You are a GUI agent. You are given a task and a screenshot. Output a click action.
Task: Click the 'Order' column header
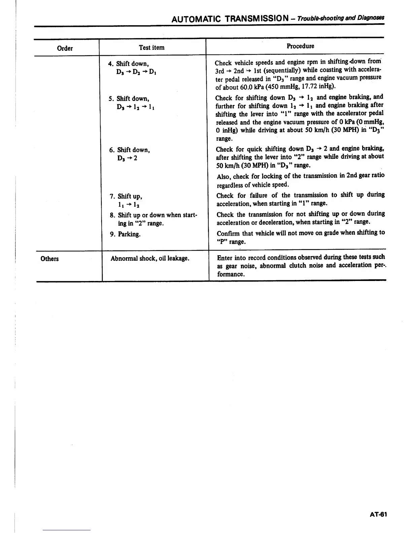(x=65, y=48)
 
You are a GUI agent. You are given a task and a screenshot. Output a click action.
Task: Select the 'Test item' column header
(x=152, y=47)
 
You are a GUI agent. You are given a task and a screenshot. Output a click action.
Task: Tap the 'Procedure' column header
(x=300, y=46)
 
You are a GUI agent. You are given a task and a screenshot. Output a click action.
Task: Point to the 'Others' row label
(x=49, y=259)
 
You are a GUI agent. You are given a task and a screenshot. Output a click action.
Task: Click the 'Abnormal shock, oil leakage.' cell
(x=150, y=259)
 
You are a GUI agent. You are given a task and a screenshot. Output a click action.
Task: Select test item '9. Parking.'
(x=125, y=234)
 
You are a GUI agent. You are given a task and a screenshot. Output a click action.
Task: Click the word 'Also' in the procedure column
(x=224, y=176)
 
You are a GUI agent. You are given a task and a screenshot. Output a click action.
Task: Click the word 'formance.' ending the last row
(x=231, y=274)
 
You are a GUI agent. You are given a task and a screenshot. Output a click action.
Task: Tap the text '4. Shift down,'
(x=129, y=64)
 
